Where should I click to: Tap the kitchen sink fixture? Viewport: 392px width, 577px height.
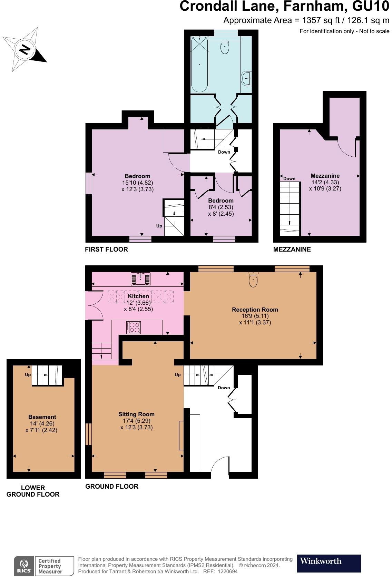(140, 279)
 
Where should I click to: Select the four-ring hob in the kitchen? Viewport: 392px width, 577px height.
(134, 327)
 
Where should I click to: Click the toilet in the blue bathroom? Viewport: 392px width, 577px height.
(225, 48)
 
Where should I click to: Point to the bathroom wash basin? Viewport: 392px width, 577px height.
(247, 78)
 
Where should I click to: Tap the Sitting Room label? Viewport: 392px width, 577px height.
(136, 414)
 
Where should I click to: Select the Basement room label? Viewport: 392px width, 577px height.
(42, 417)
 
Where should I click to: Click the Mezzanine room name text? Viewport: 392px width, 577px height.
(325, 176)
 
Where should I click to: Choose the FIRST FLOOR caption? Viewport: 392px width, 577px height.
(106, 249)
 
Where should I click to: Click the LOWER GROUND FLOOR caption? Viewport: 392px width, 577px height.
(33, 491)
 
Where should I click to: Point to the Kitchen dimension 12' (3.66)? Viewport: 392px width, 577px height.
(138, 303)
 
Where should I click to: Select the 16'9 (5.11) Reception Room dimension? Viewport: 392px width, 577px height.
(255, 316)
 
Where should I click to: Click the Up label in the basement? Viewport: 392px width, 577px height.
(28, 375)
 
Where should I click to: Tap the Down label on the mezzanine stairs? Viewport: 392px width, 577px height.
(289, 178)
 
